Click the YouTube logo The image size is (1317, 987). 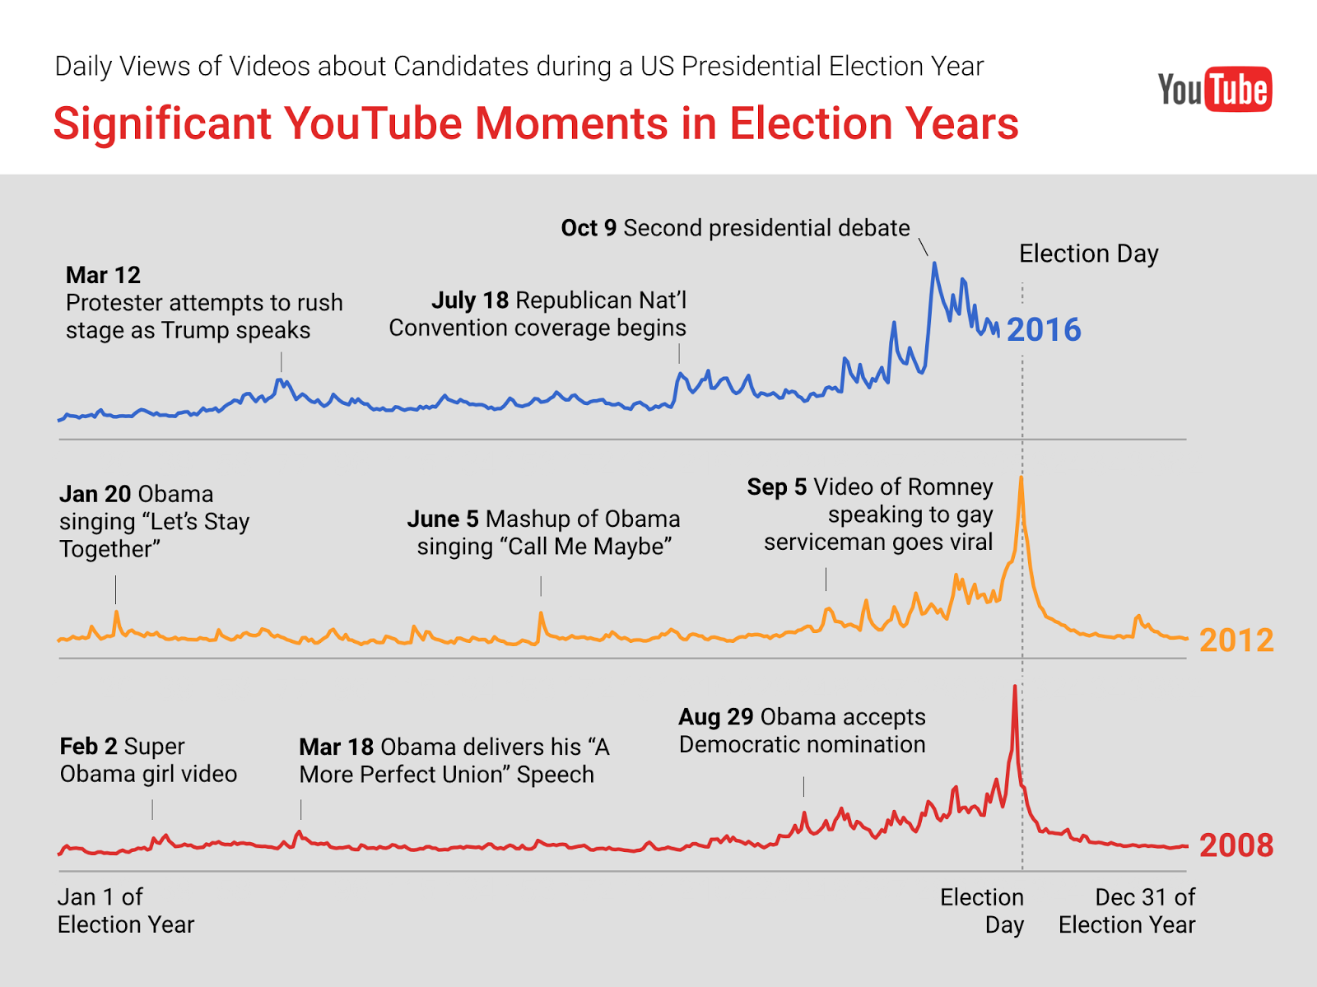(x=1214, y=90)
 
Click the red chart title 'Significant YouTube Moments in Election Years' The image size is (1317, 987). (x=536, y=123)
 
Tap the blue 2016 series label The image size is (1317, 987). (x=1044, y=329)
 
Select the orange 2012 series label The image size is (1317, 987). (x=1236, y=640)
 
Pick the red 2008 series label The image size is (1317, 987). (x=1236, y=845)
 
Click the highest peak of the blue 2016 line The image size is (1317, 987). (x=934, y=263)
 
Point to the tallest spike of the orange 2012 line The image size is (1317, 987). (x=1021, y=478)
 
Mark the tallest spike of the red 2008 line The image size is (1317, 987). (x=1015, y=687)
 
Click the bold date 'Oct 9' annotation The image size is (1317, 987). (x=589, y=228)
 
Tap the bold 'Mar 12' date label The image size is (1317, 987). (x=103, y=276)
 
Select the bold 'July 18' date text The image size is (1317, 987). (x=470, y=300)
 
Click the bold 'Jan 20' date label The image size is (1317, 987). (x=95, y=494)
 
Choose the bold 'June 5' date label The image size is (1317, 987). (x=443, y=519)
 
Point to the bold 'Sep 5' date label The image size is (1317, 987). (x=777, y=487)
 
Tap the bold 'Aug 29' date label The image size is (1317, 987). (x=716, y=717)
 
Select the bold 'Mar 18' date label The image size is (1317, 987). (x=337, y=747)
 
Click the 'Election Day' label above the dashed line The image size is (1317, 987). (x=1088, y=254)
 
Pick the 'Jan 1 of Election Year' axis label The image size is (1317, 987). (x=126, y=910)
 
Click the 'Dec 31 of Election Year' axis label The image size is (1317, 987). (x=1127, y=910)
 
